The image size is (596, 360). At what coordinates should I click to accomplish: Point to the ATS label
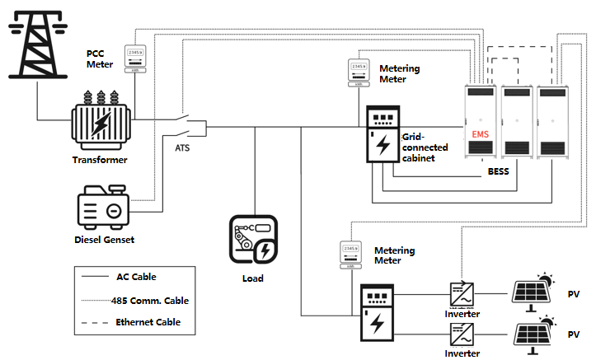point(185,149)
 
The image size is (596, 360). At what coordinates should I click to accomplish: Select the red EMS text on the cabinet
point(481,133)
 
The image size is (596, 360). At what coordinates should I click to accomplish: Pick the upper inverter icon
point(461,293)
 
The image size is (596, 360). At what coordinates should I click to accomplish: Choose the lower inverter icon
point(461,334)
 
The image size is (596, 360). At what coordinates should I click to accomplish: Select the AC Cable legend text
point(136,277)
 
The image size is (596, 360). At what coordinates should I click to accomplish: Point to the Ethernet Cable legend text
point(148,322)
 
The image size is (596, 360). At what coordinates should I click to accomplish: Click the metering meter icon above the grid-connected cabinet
point(358,72)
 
